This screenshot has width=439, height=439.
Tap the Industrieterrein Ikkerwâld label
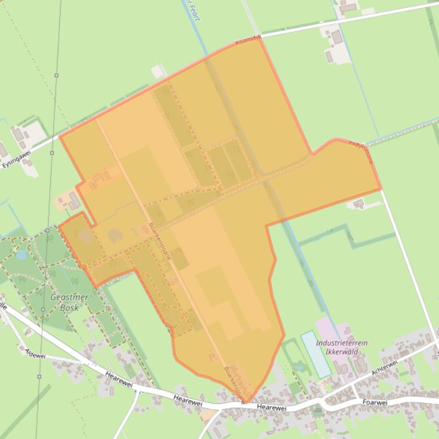(x=341, y=347)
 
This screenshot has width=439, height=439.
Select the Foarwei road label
(x=374, y=403)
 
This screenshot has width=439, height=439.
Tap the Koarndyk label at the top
(x=248, y=40)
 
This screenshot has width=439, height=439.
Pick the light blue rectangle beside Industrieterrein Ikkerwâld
(x=316, y=354)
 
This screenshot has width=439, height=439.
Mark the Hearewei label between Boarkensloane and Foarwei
(x=271, y=407)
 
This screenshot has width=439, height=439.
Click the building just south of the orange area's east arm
(x=359, y=204)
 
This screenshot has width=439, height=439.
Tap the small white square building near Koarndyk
(x=158, y=71)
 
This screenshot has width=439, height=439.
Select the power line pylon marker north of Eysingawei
(x=57, y=75)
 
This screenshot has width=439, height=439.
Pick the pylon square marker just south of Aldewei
(x=39, y=377)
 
